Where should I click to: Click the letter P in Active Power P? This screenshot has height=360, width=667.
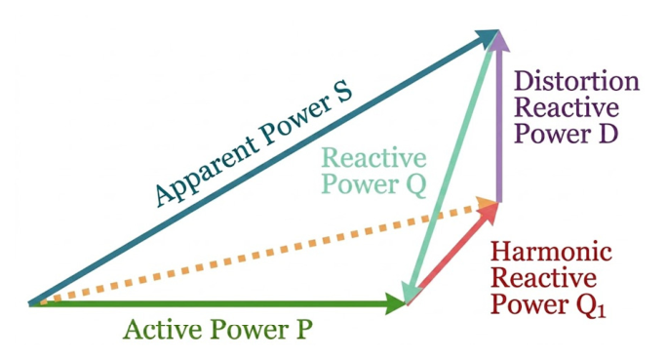[x=303, y=330]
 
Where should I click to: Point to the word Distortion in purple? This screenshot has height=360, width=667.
[x=577, y=81]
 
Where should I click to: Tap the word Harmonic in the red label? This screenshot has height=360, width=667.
[x=551, y=251]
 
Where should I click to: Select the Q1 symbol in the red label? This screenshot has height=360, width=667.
[x=592, y=304]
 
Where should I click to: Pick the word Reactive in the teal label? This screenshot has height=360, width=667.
[x=373, y=158]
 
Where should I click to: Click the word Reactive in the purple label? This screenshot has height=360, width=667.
[x=567, y=107]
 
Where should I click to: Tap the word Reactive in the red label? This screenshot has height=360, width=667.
[x=543, y=278]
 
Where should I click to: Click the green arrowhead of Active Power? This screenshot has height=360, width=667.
[x=396, y=303]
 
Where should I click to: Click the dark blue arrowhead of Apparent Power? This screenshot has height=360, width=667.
[x=487, y=38]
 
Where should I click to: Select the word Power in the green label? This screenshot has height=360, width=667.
[x=248, y=330]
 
